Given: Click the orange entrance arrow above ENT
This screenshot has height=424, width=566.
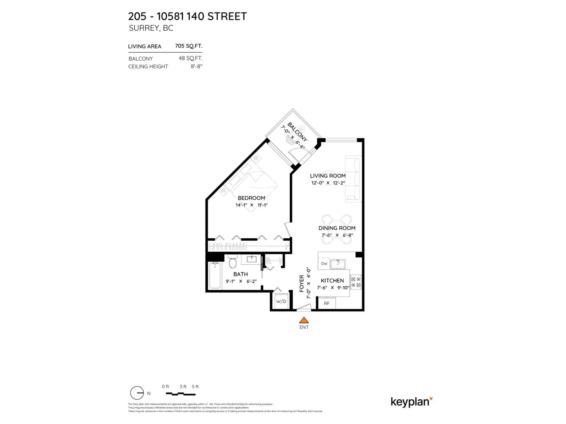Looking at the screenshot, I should pyautogui.click(x=304, y=320).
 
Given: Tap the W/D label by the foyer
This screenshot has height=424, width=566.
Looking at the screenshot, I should pyautogui.click(x=281, y=302).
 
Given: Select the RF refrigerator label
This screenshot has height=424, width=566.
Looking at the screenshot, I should pyautogui.click(x=326, y=304).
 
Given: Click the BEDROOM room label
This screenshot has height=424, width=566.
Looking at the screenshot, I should pyautogui.click(x=251, y=198).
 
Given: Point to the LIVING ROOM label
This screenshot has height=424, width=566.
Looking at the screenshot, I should pyautogui.click(x=328, y=176).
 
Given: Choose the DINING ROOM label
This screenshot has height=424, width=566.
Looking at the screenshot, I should pyautogui.click(x=337, y=228).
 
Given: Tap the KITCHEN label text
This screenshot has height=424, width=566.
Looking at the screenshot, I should pyautogui.click(x=332, y=281).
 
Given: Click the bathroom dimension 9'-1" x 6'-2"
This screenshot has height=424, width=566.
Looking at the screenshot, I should pyautogui.click(x=241, y=281).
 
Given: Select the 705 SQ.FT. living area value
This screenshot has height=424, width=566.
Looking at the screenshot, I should pyautogui.click(x=189, y=46).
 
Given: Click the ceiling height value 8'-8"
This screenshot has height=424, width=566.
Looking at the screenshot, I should pyautogui.click(x=196, y=66).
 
